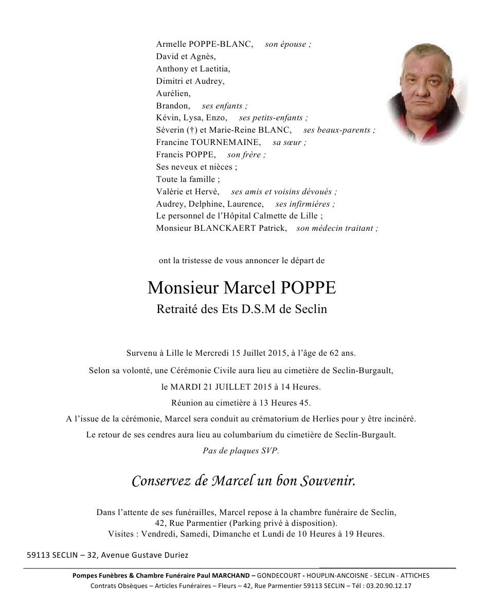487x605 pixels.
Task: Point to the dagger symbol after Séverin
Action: (x=188, y=130)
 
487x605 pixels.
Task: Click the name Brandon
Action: (x=172, y=106)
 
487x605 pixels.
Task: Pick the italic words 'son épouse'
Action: (x=287, y=44)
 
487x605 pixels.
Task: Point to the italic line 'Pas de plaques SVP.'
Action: (x=241, y=451)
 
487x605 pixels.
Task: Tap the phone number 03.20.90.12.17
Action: (x=389, y=586)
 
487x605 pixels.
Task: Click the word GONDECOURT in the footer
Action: (x=278, y=576)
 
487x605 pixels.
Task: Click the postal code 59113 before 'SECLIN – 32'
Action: (x=38, y=555)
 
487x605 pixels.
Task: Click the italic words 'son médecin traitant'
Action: (x=336, y=228)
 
